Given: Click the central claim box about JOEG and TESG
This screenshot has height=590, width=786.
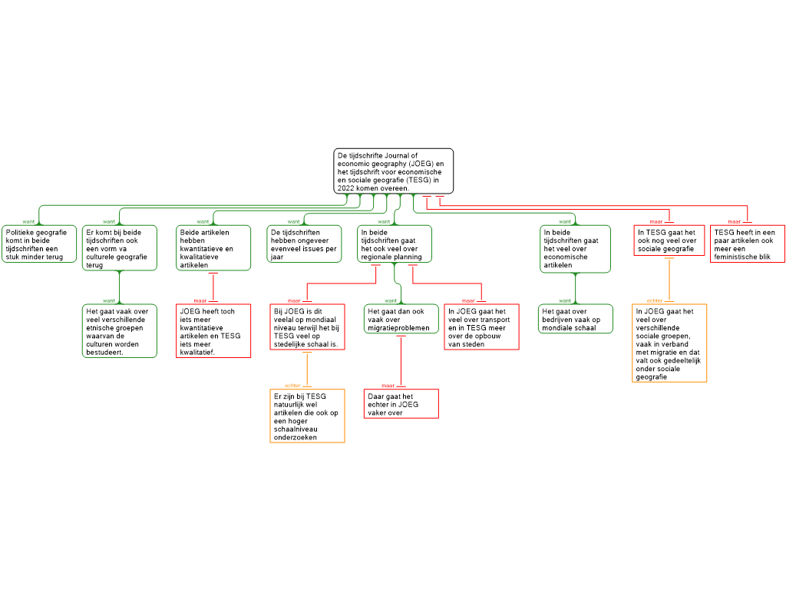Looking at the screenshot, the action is pyautogui.click(x=394, y=171).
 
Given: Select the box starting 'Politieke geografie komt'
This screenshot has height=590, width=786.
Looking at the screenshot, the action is pyautogui.click(x=39, y=244).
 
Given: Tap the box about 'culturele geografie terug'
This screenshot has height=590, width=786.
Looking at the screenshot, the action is pyautogui.click(x=119, y=248).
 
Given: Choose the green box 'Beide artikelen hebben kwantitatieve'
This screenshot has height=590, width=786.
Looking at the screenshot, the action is pyautogui.click(x=213, y=248).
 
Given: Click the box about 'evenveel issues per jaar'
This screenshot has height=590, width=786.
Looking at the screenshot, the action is pyautogui.click(x=304, y=244).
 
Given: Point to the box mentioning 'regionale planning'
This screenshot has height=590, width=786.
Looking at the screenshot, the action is pyautogui.click(x=395, y=244).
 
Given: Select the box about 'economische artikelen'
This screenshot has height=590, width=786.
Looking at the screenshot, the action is pyautogui.click(x=575, y=249).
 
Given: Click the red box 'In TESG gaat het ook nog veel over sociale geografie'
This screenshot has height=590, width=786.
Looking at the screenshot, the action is pyautogui.click(x=669, y=240).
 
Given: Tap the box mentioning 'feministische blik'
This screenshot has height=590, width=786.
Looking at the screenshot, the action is pyautogui.click(x=748, y=244).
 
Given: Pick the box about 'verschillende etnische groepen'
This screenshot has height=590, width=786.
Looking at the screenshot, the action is pyautogui.click(x=119, y=331).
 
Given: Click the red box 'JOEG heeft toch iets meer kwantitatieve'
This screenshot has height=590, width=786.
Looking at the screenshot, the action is pyautogui.click(x=213, y=331).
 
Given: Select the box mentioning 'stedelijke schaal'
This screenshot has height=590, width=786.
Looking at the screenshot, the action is pyautogui.click(x=307, y=327).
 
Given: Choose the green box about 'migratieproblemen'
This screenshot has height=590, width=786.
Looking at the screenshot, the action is pyautogui.click(x=401, y=319).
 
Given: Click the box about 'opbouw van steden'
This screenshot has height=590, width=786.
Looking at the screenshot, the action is pyautogui.click(x=481, y=327).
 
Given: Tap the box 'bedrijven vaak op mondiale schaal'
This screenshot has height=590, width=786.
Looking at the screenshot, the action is pyautogui.click(x=576, y=319).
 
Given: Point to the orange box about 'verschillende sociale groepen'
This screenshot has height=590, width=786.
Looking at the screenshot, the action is pyautogui.click(x=669, y=343).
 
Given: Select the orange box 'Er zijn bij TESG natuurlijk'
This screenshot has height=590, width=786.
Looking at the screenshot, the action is pyautogui.click(x=307, y=416).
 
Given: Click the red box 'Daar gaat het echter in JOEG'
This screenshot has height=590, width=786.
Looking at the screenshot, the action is pyautogui.click(x=401, y=404).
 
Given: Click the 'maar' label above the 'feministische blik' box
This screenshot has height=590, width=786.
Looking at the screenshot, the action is pyautogui.click(x=734, y=222).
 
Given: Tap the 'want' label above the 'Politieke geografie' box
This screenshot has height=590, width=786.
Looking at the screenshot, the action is pyautogui.click(x=28, y=222).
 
